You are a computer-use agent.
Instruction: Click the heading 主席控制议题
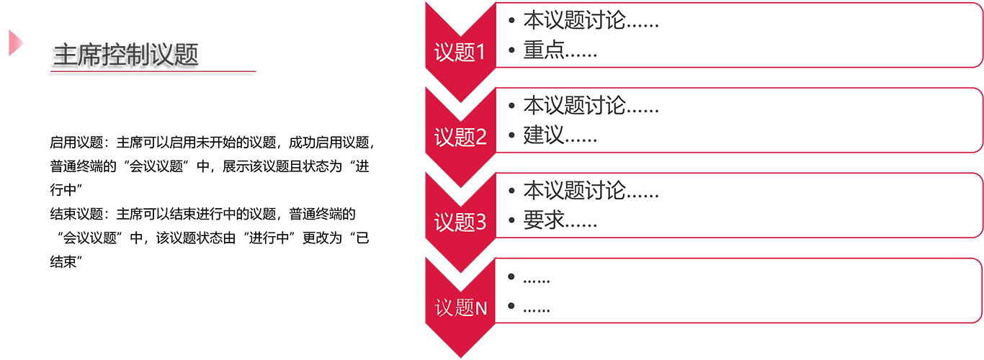[x=126, y=56]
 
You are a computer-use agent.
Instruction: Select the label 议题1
[x=460, y=53]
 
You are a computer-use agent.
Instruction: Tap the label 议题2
[x=460, y=138]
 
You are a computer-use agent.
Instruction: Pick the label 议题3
[x=460, y=222]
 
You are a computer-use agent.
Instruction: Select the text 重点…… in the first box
[x=560, y=51]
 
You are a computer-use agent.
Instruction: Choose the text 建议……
[x=560, y=136]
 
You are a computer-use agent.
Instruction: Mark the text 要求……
[x=560, y=221]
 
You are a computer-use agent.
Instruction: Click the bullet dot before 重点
[x=511, y=51]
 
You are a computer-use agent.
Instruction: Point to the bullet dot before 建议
[x=511, y=136]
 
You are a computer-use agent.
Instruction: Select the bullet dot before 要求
[x=511, y=221]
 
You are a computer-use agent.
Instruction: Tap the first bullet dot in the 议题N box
[x=511, y=277]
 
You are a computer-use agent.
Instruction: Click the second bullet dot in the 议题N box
[x=511, y=307]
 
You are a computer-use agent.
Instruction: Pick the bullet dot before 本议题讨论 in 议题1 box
[x=511, y=21]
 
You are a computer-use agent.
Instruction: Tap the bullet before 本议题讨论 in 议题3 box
[x=511, y=192]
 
